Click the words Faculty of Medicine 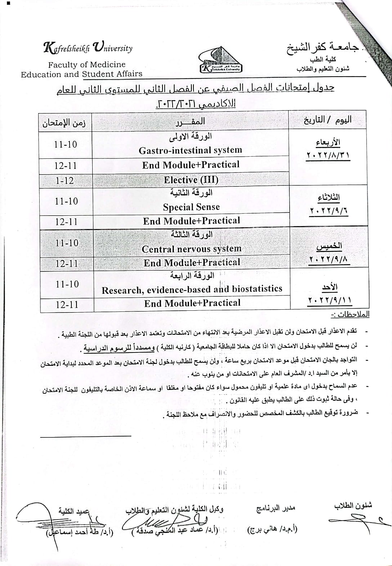click(x=87, y=65)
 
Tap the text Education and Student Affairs click(x=81, y=74)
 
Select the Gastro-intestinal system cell click(x=191, y=150)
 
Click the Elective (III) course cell click(x=191, y=179)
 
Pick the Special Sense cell click(x=191, y=207)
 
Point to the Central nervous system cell click(x=192, y=249)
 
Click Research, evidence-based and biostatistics click(x=192, y=289)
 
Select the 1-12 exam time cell click(x=65, y=180)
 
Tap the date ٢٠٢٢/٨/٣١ click(x=328, y=156)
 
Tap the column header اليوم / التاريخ click(x=328, y=120)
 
